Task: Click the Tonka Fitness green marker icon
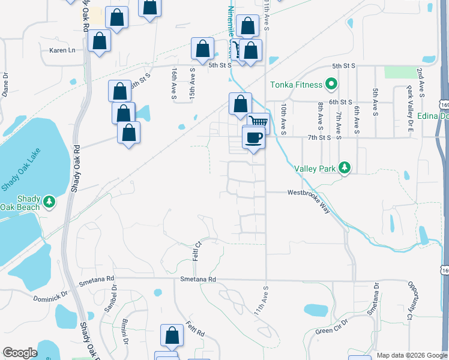330,85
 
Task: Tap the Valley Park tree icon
345,168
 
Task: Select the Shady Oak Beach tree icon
50,202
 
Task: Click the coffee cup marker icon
253,138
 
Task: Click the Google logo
20,353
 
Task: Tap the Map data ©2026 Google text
411,355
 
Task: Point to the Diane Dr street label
5,85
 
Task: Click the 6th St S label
340,103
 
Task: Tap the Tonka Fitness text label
295,85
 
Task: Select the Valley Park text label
315,169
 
